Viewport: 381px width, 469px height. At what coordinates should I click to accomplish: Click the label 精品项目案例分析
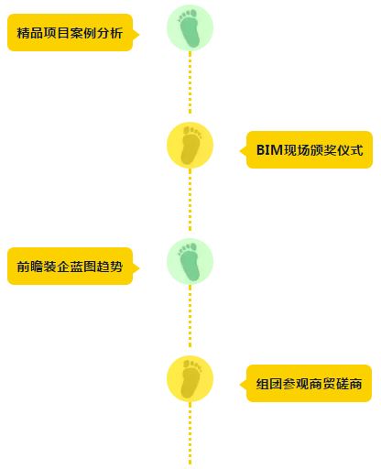(70, 33)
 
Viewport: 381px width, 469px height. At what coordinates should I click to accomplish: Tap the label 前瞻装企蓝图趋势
(70, 267)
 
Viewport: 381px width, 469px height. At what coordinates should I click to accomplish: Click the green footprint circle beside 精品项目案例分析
(190, 27)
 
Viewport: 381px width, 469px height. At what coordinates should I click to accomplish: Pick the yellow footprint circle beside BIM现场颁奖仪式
(190, 145)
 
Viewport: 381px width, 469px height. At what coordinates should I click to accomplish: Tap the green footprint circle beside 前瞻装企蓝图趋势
(190, 261)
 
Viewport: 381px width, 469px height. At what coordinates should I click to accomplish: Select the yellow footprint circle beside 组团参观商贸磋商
(190, 378)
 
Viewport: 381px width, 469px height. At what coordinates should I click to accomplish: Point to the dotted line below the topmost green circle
(190, 82)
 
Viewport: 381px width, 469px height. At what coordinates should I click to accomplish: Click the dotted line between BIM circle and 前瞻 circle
(190, 200)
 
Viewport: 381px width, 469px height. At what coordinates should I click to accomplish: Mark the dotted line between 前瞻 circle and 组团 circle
(190, 317)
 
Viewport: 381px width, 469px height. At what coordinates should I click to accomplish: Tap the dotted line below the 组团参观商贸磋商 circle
(190, 436)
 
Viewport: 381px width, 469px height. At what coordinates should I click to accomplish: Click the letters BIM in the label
(269, 150)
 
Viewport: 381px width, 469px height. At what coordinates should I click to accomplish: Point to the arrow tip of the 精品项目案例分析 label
(139, 35)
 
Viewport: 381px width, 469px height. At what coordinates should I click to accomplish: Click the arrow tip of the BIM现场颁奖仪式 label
(240, 151)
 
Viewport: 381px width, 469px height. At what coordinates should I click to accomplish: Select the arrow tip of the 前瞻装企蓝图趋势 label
(139, 268)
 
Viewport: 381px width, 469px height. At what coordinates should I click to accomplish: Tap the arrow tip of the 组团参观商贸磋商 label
(240, 385)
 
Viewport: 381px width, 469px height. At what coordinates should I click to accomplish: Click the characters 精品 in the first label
(30, 33)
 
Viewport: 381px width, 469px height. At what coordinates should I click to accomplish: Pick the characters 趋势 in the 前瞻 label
(110, 267)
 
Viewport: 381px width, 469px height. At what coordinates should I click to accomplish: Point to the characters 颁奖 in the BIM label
(323, 150)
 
